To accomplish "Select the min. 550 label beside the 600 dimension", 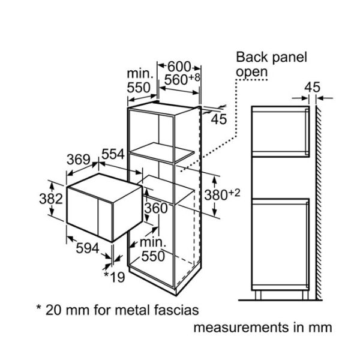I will [140, 79].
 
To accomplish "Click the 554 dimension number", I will [113, 154].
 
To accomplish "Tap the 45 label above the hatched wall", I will [312, 86].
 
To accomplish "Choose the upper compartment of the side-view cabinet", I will [279, 130].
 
